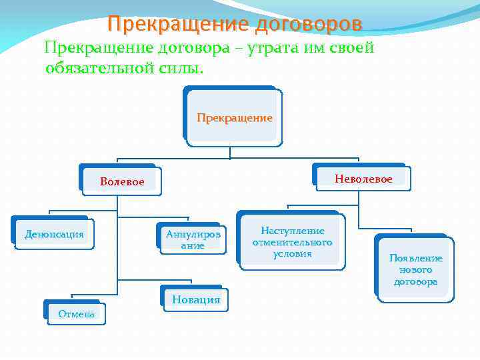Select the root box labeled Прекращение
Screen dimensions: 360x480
click(234, 118)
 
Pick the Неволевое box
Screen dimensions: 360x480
click(363, 179)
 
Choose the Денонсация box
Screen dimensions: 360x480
click(54, 234)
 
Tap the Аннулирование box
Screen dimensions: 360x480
click(193, 240)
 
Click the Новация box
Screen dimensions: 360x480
click(195, 299)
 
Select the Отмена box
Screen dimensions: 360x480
click(76, 313)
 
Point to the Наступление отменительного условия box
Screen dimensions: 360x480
click(292, 242)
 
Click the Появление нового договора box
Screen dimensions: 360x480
click(415, 269)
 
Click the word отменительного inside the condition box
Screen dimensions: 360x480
click(292, 242)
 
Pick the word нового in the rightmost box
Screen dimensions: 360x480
click(415, 270)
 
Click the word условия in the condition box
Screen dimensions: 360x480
click(292, 253)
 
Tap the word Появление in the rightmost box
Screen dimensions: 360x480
click(415, 258)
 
